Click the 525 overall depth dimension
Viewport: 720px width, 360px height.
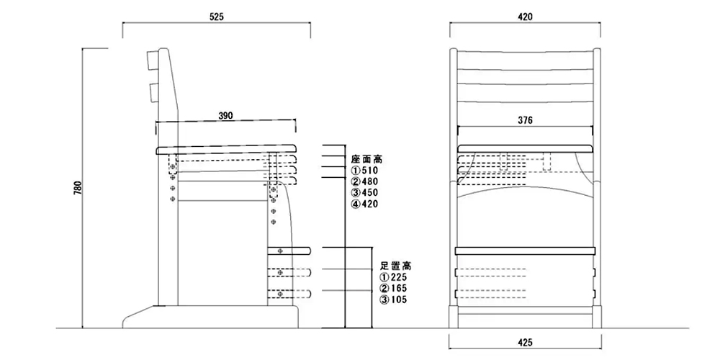pos(217,17)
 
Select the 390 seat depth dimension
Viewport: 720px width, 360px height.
pos(225,117)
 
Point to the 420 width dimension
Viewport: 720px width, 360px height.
pos(525,17)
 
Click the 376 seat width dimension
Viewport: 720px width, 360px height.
pos(525,121)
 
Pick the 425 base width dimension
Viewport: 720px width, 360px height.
pos(525,344)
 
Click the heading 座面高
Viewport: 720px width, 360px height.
pos(366,158)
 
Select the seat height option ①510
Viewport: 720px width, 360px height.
pos(364,170)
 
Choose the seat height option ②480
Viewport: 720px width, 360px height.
pos(364,181)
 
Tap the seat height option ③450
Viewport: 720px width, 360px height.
pos(364,193)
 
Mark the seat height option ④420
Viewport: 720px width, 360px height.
pos(364,204)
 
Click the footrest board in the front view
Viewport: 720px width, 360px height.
pos(525,249)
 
